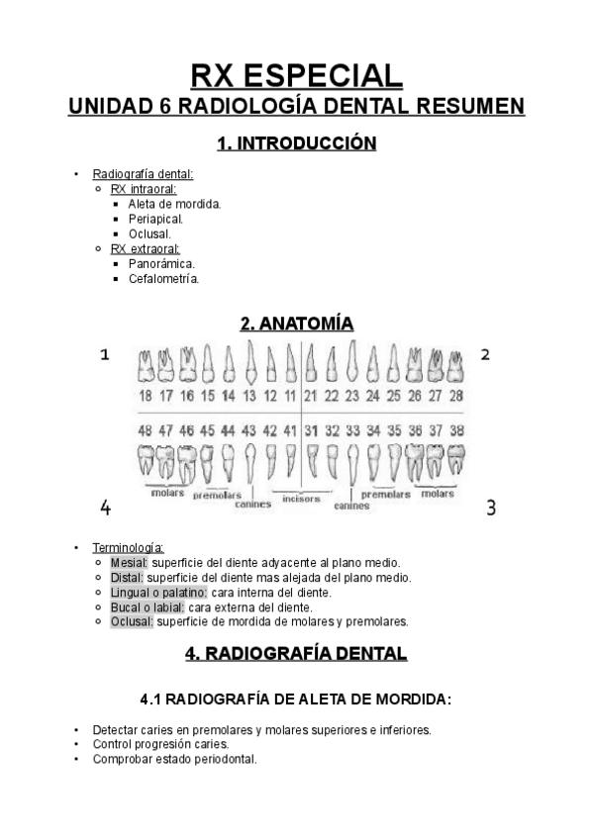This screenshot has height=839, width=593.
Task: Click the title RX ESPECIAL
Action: [296, 75]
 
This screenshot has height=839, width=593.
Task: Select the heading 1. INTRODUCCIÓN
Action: [296, 143]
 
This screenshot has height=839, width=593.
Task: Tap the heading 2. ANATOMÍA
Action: [296, 324]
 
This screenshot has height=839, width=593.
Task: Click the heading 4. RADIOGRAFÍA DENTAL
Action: [296, 653]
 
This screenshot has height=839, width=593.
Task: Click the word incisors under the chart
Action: [301, 499]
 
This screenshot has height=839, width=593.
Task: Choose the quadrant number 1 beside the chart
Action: [104, 355]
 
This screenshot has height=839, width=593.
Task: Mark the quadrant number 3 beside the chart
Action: [490, 508]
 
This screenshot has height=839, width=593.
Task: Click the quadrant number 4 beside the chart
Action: [105, 508]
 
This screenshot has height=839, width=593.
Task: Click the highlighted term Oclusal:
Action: [132, 621]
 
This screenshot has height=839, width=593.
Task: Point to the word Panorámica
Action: [161, 264]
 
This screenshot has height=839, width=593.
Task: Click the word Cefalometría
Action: [163, 279]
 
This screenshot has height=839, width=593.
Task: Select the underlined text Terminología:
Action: [129, 547]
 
